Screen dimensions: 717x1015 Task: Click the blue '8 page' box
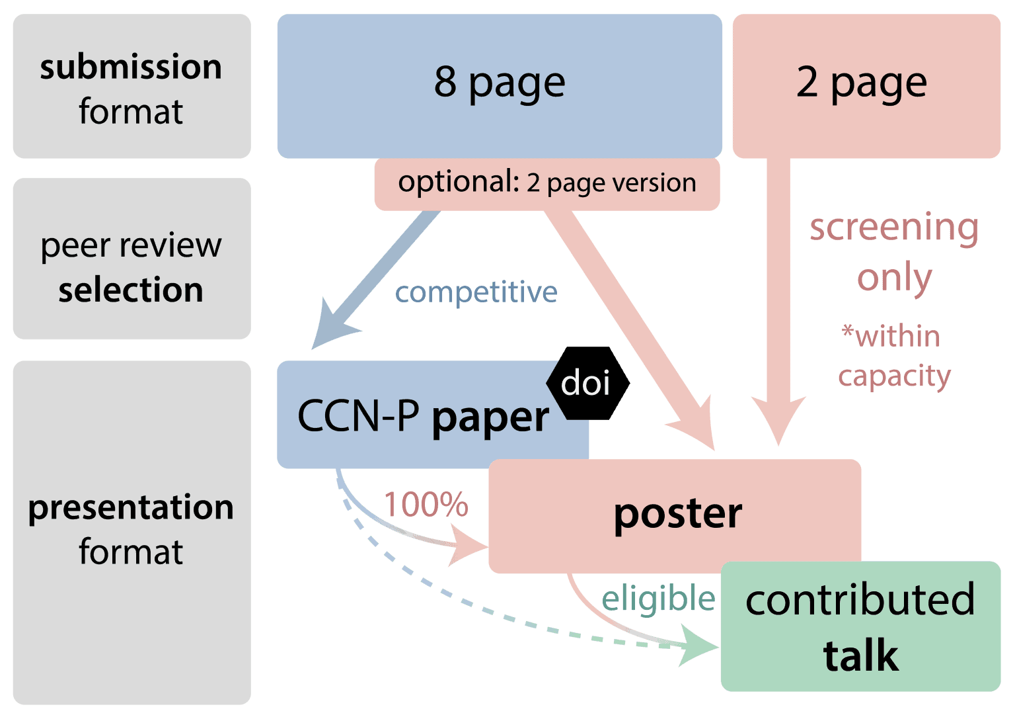pos(500,85)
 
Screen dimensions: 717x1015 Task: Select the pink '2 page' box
pos(866,85)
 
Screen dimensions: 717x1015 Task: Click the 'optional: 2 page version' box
pos(546,183)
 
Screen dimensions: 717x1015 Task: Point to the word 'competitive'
pos(476,292)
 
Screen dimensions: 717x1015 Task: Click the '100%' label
pos(426,505)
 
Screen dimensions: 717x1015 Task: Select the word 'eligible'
pos(658,599)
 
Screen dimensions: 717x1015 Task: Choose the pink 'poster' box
pos(677,515)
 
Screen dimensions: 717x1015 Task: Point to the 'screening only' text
pos(894,251)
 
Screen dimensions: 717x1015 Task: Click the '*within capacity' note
pos(893,356)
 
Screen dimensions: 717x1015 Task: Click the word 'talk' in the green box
pos(860,656)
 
